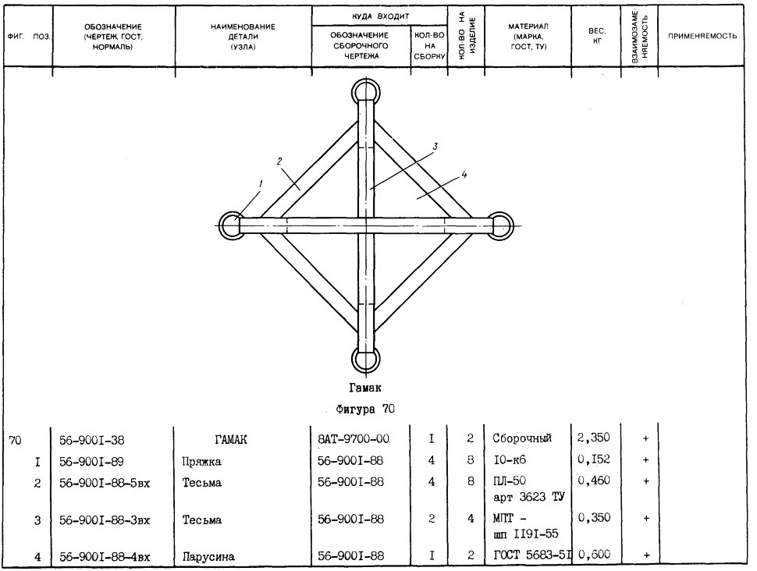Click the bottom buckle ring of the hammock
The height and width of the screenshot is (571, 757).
coord(365,374)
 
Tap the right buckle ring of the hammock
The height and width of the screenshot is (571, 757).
coord(510,226)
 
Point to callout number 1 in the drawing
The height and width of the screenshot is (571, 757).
coord(261,183)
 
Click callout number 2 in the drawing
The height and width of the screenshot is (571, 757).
coord(279,161)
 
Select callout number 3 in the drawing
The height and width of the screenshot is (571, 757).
coord(435,146)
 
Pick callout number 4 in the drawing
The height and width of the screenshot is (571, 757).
coord(464,174)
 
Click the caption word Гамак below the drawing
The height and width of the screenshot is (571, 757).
coord(365,388)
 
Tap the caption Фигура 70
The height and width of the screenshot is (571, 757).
coord(365,410)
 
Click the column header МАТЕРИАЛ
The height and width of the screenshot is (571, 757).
coord(528,26)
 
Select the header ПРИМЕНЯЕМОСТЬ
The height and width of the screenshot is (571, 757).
coord(702,36)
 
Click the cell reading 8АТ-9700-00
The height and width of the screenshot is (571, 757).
coord(354,438)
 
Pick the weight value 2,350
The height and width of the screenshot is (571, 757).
coord(593,438)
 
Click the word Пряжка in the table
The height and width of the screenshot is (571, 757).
coord(202,462)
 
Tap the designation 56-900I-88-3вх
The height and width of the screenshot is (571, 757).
coord(105,520)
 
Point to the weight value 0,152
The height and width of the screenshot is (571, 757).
coord(594,459)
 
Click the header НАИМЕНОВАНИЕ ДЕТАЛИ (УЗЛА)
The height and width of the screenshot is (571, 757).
coord(243,37)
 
